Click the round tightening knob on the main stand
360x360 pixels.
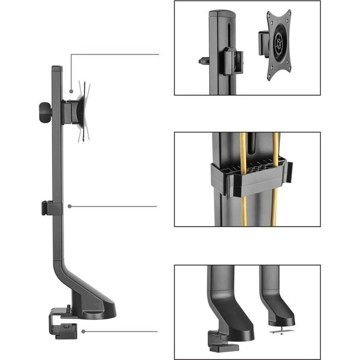click(x=45, y=110)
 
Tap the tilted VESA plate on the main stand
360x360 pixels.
click(x=84, y=111)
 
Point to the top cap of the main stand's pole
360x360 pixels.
click(x=57, y=68)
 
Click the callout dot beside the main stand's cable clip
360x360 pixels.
click(x=69, y=206)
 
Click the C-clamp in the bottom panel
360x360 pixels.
click(x=218, y=338)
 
